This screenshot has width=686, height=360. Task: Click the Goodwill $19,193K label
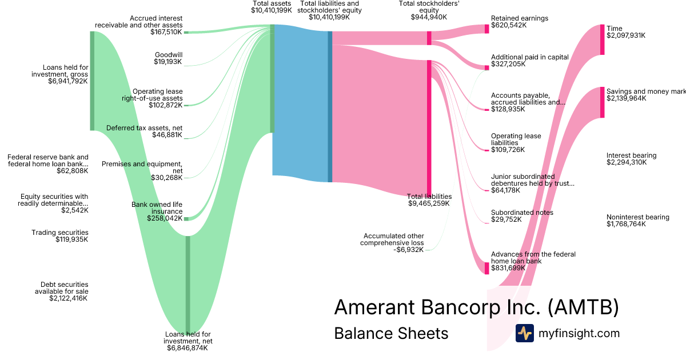[x=168, y=58]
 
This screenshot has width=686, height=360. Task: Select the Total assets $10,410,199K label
[x=272, y=7]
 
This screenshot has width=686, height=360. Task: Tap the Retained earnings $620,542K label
[x=519, y=22]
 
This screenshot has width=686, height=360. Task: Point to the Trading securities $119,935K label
[x=60, y=236]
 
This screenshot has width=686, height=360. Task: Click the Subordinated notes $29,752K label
[x=522, y=216]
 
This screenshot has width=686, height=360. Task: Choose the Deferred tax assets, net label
[x=144, y=131]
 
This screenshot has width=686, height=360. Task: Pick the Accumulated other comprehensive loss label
[x=392, y=243]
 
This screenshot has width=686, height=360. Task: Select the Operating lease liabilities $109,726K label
[x=516, y=143]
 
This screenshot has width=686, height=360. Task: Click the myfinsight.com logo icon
[x=524, y=333]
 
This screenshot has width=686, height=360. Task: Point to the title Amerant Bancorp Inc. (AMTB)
[x=476, y=307]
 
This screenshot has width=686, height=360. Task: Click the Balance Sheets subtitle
[x=391, y=333]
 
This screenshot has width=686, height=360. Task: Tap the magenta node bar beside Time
[x=602, y=39]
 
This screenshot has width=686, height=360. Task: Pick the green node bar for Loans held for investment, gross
[x=92, y=81]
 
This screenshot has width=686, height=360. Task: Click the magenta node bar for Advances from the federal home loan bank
[x=487, y=268]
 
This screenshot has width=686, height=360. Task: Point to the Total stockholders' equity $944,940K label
[x=429, y=10]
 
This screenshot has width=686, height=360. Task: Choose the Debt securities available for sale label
[x=64, y=291]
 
